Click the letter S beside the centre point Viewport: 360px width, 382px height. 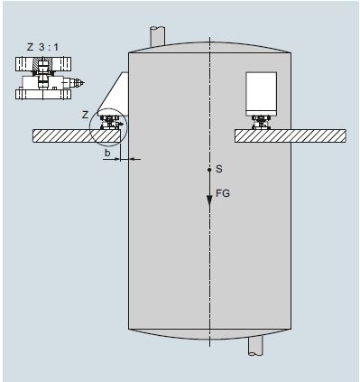click(x=219, y=169)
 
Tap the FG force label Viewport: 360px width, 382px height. click(x=223, y=193)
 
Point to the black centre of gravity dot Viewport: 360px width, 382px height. click(x=209, y=170)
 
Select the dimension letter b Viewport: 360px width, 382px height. click(x=107, y=153)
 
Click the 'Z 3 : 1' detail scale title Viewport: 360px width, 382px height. click(x=43, y=47)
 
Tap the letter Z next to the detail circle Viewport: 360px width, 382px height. click(x=86, y=115)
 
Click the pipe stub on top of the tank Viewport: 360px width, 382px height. click(x=158, y=36)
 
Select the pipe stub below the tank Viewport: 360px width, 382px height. click(x=255, y=345)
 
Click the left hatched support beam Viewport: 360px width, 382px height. click(x=78, y=135)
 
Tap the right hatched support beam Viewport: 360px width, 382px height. click(x=290, y=135)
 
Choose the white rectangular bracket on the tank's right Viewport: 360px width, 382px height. click(x=261, y=94)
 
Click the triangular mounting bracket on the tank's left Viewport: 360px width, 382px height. click(x=115, y=94)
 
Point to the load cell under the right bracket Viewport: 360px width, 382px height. click(x=261, y=123)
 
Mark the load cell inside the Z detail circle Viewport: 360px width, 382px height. click(x=110, y=123)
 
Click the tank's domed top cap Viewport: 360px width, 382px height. click(x=209, y=47)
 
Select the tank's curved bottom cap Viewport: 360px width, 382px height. click(x=209, y=334)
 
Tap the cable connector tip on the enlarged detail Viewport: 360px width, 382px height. click(x=80, y=82)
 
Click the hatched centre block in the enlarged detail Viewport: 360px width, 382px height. click(x=43, y=63)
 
